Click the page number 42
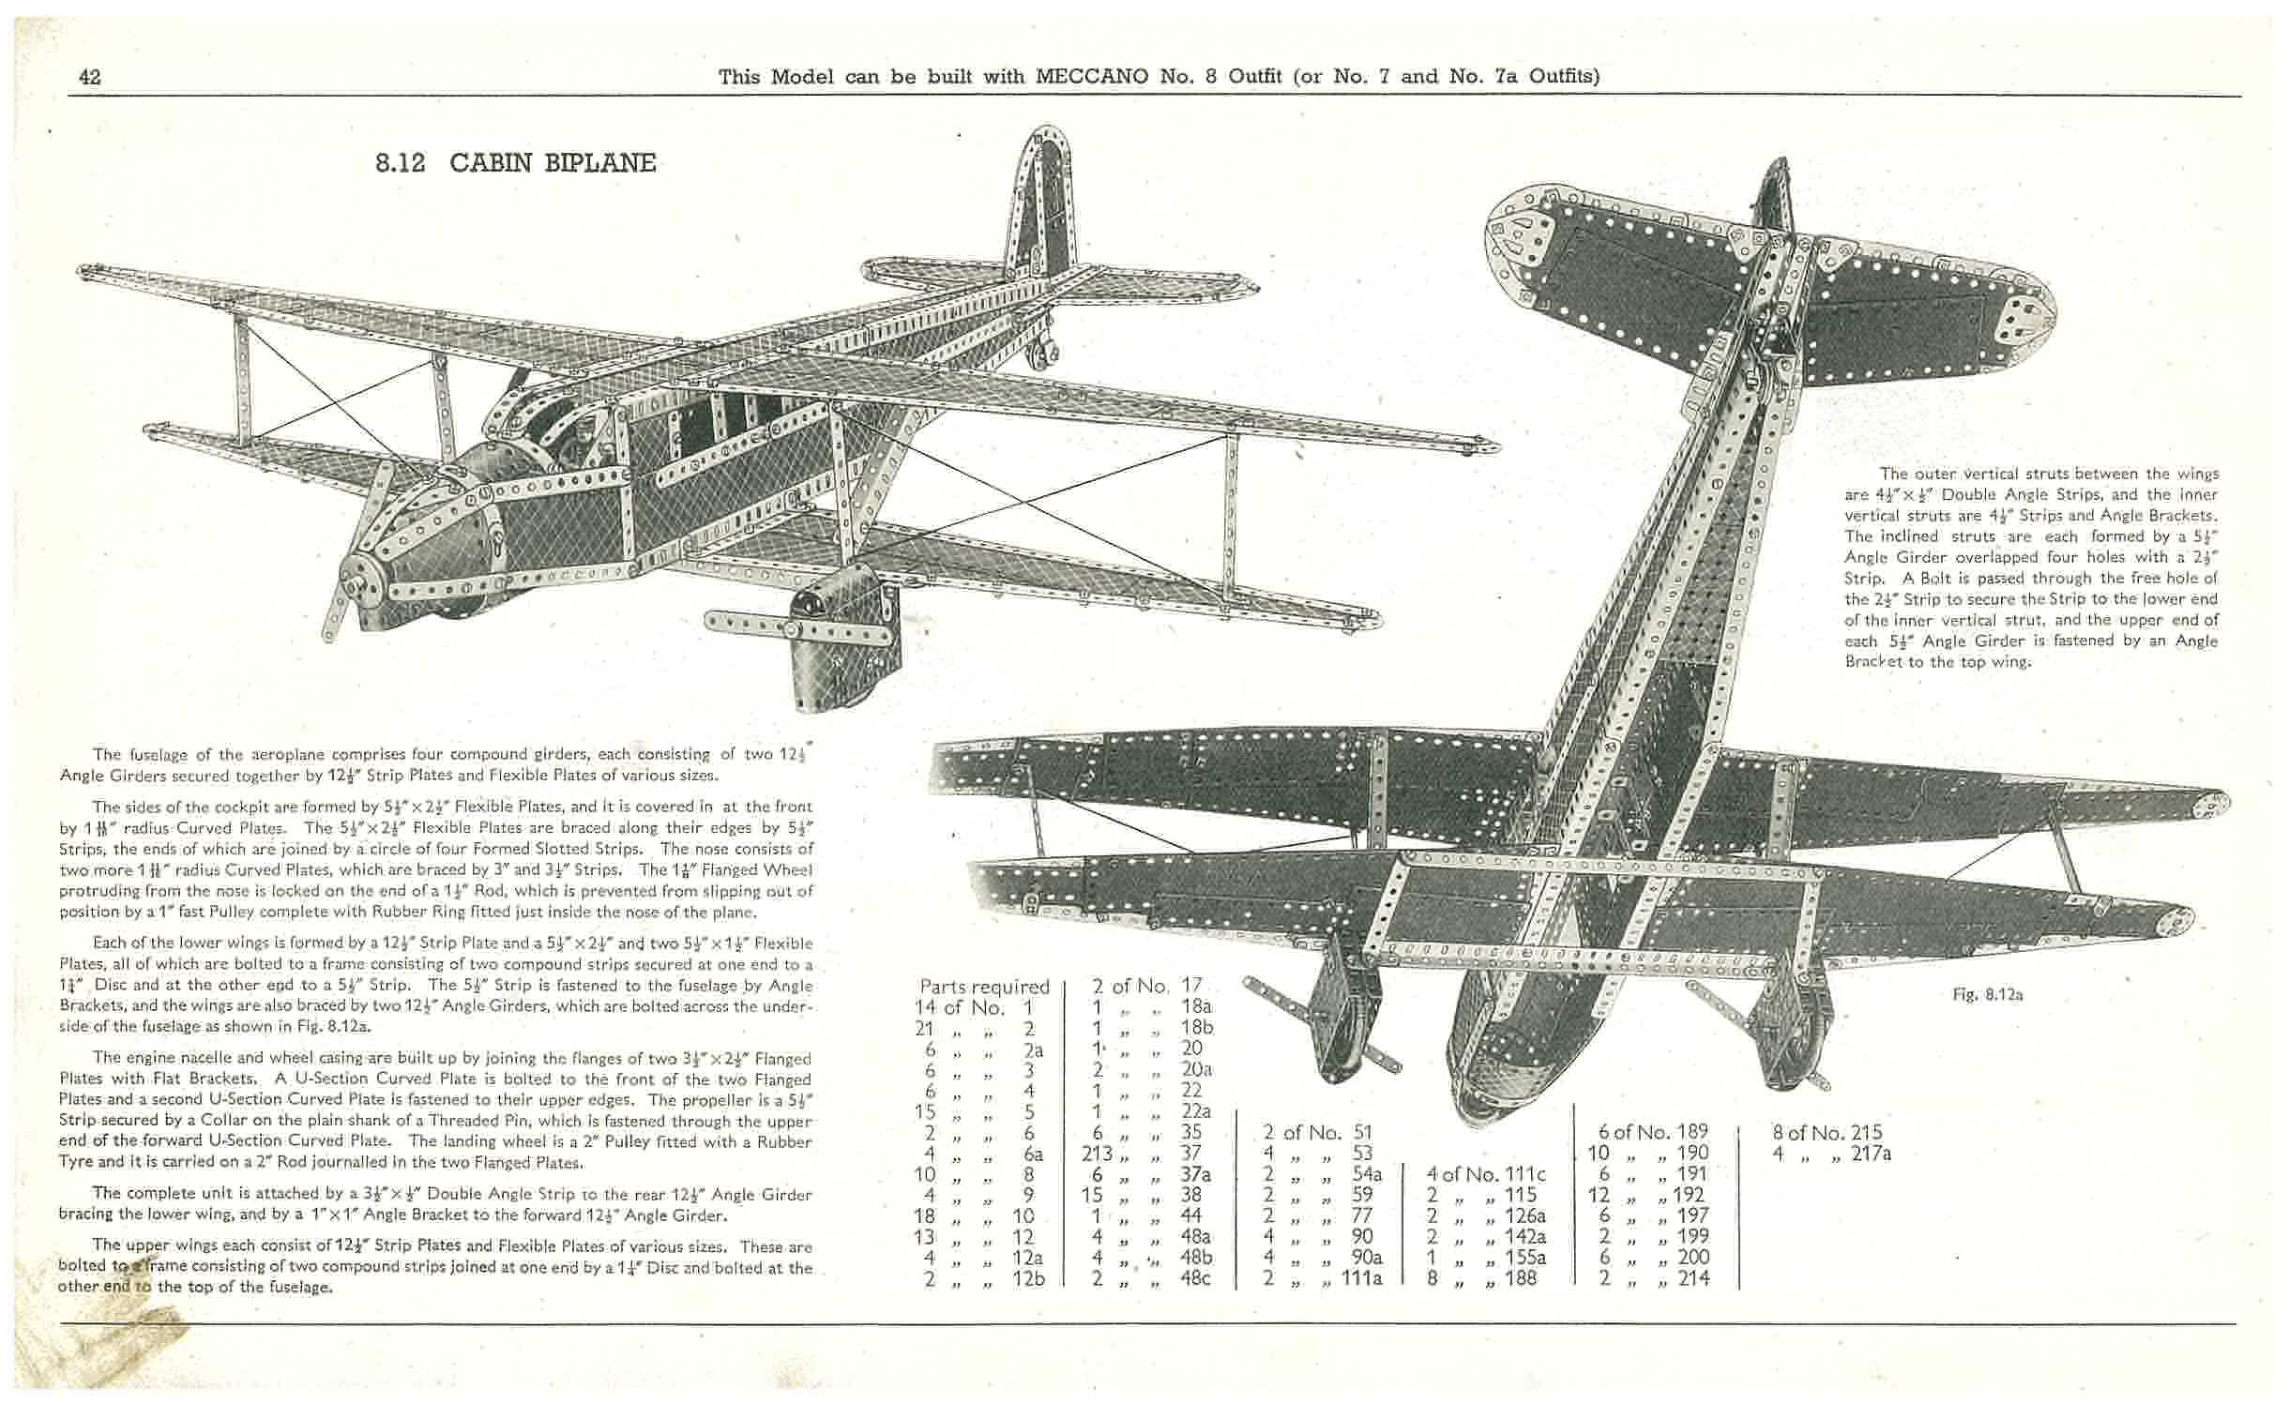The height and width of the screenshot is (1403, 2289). [90, 77]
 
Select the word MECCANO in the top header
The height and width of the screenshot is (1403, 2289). [1091, 77]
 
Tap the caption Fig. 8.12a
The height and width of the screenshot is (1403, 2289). [1987, 995]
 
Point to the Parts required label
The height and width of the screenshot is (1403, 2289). [984, 987]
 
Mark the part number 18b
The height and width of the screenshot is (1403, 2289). [1197, 1028]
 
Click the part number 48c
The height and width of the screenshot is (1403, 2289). [1194, 1278]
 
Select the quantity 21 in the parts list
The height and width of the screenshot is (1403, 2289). [924, 1029]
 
